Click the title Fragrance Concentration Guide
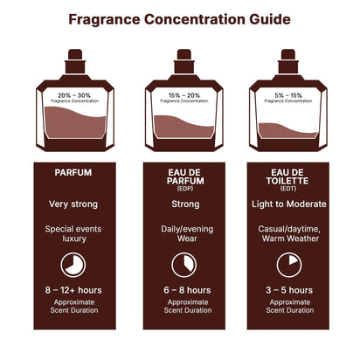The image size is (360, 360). [x=180, y=18]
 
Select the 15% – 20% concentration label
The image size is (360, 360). [x=183, y=93]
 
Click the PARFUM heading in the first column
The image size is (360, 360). [x=73, y=173]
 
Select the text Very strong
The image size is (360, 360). [x=73, y=204]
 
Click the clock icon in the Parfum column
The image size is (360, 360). [x=73, y=264]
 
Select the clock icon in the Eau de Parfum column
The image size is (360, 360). [x=183, y=264]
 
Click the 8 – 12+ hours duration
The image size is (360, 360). [x=73, y=290]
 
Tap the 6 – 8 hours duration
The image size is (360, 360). [x=183, y=290]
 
